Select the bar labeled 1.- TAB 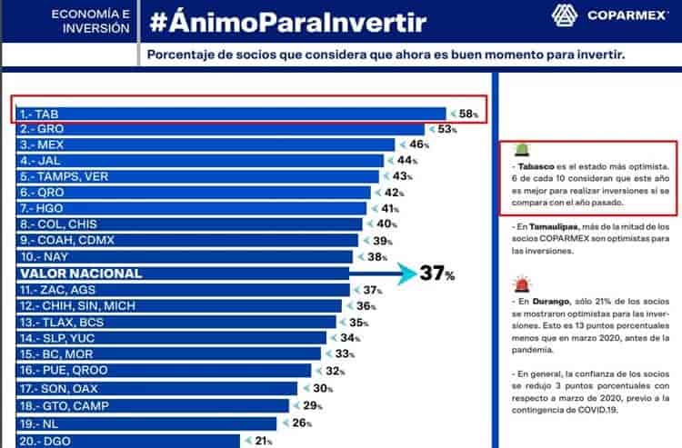(227, 113)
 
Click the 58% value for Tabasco (468, 114)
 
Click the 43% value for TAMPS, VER (402, 176)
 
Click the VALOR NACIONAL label (83, 273)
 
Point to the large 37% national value (436, 274)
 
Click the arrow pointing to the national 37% (382, 273)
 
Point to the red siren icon (524, 284)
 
